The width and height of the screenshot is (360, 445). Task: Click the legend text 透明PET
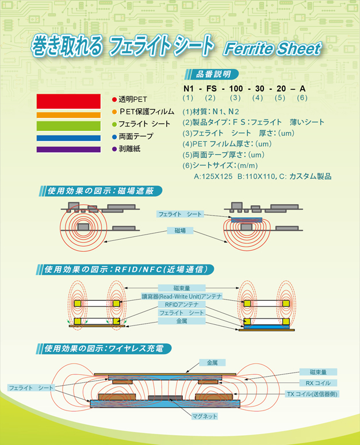(x=133, y=99)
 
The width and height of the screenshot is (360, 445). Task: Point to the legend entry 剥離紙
(x=129, y=149)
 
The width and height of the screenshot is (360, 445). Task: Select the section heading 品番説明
(x=213, y=74)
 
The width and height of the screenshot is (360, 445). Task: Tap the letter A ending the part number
(x=302, y=89)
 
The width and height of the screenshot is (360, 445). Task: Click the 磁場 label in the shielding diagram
(x=180, y=230)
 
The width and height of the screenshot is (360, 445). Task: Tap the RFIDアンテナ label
(x=180, y=304)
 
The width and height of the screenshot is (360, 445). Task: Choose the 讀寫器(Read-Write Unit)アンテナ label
(x=180, y=296)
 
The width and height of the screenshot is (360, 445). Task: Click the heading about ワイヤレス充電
(x=108, y=348)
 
